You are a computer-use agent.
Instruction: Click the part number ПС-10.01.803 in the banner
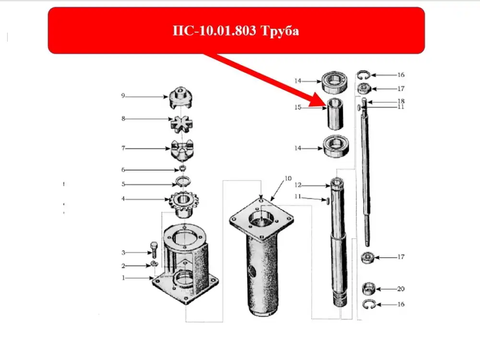(x=214, y=31)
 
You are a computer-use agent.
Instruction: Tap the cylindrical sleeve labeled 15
(x=335, y=114)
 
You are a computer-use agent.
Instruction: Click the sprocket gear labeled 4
(x=184, y=204)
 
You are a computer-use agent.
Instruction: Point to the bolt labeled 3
(x=154, y=250)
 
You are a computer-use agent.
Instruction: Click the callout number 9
(x=123, y=96)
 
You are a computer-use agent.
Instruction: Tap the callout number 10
(x=288, y=178)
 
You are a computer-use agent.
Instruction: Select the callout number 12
(x=298, y=185)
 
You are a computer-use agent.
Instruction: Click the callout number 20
(x=401, y=288)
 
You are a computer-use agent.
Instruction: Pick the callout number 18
(x=401, y=101)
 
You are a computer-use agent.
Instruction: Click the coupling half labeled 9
(x=181, y=97)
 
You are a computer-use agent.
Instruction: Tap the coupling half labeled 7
(x=182, y=150)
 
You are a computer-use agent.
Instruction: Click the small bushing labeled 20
(x=369, y=289)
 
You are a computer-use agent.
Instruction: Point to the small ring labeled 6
(x=183, y=168)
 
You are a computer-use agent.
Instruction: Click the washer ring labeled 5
(x=183, y=181)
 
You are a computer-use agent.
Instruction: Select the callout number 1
(x=123, y=278)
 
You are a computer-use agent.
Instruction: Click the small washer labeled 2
(x=155, y=264)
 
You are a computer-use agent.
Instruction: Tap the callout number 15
(x=298, y=107)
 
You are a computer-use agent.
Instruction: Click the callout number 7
(x=123, y=148)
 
